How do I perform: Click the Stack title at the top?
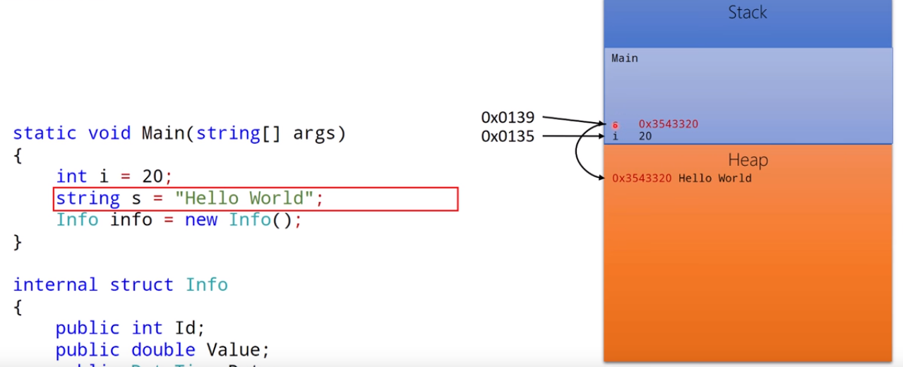tap(748, 13)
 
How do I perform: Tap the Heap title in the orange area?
tap(748, 160)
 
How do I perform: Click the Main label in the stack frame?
tap(624, 59)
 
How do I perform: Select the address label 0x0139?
tap(508, 117)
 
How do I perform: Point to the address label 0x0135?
tap(508, 136)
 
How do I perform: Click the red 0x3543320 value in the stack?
tap(668, 124)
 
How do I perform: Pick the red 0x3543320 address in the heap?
tap(642, 179)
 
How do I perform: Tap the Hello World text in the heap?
tap(714, 179)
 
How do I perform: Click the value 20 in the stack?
tap(645, 136)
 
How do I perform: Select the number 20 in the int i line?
tap(153, 176)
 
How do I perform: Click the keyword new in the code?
tap(201, 220)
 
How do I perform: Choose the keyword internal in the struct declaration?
tap(55, 285)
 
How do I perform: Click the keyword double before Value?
tap(163, 350)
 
